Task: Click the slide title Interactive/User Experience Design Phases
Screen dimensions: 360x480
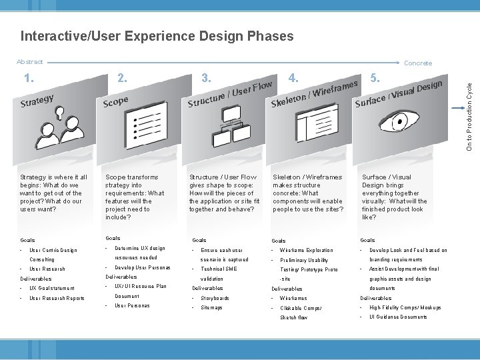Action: click(157, 36)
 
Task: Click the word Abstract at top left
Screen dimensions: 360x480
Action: click(29, 62)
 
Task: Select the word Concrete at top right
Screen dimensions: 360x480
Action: click(418, 63)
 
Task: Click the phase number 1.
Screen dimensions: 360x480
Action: click(29, 79)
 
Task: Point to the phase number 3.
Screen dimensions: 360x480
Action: click(207, 77)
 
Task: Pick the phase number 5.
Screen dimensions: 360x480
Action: click(376, 77)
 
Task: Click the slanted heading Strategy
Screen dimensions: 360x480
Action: click(37, 101)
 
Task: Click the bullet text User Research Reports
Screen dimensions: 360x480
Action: click(57, 298)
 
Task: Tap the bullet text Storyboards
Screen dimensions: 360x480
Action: click(215, 298)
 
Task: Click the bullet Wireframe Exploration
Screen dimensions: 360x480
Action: click(306, 251)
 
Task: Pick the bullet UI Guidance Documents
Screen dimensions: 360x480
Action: click(398, 317)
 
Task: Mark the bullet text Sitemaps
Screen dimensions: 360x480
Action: click(211, 307)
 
